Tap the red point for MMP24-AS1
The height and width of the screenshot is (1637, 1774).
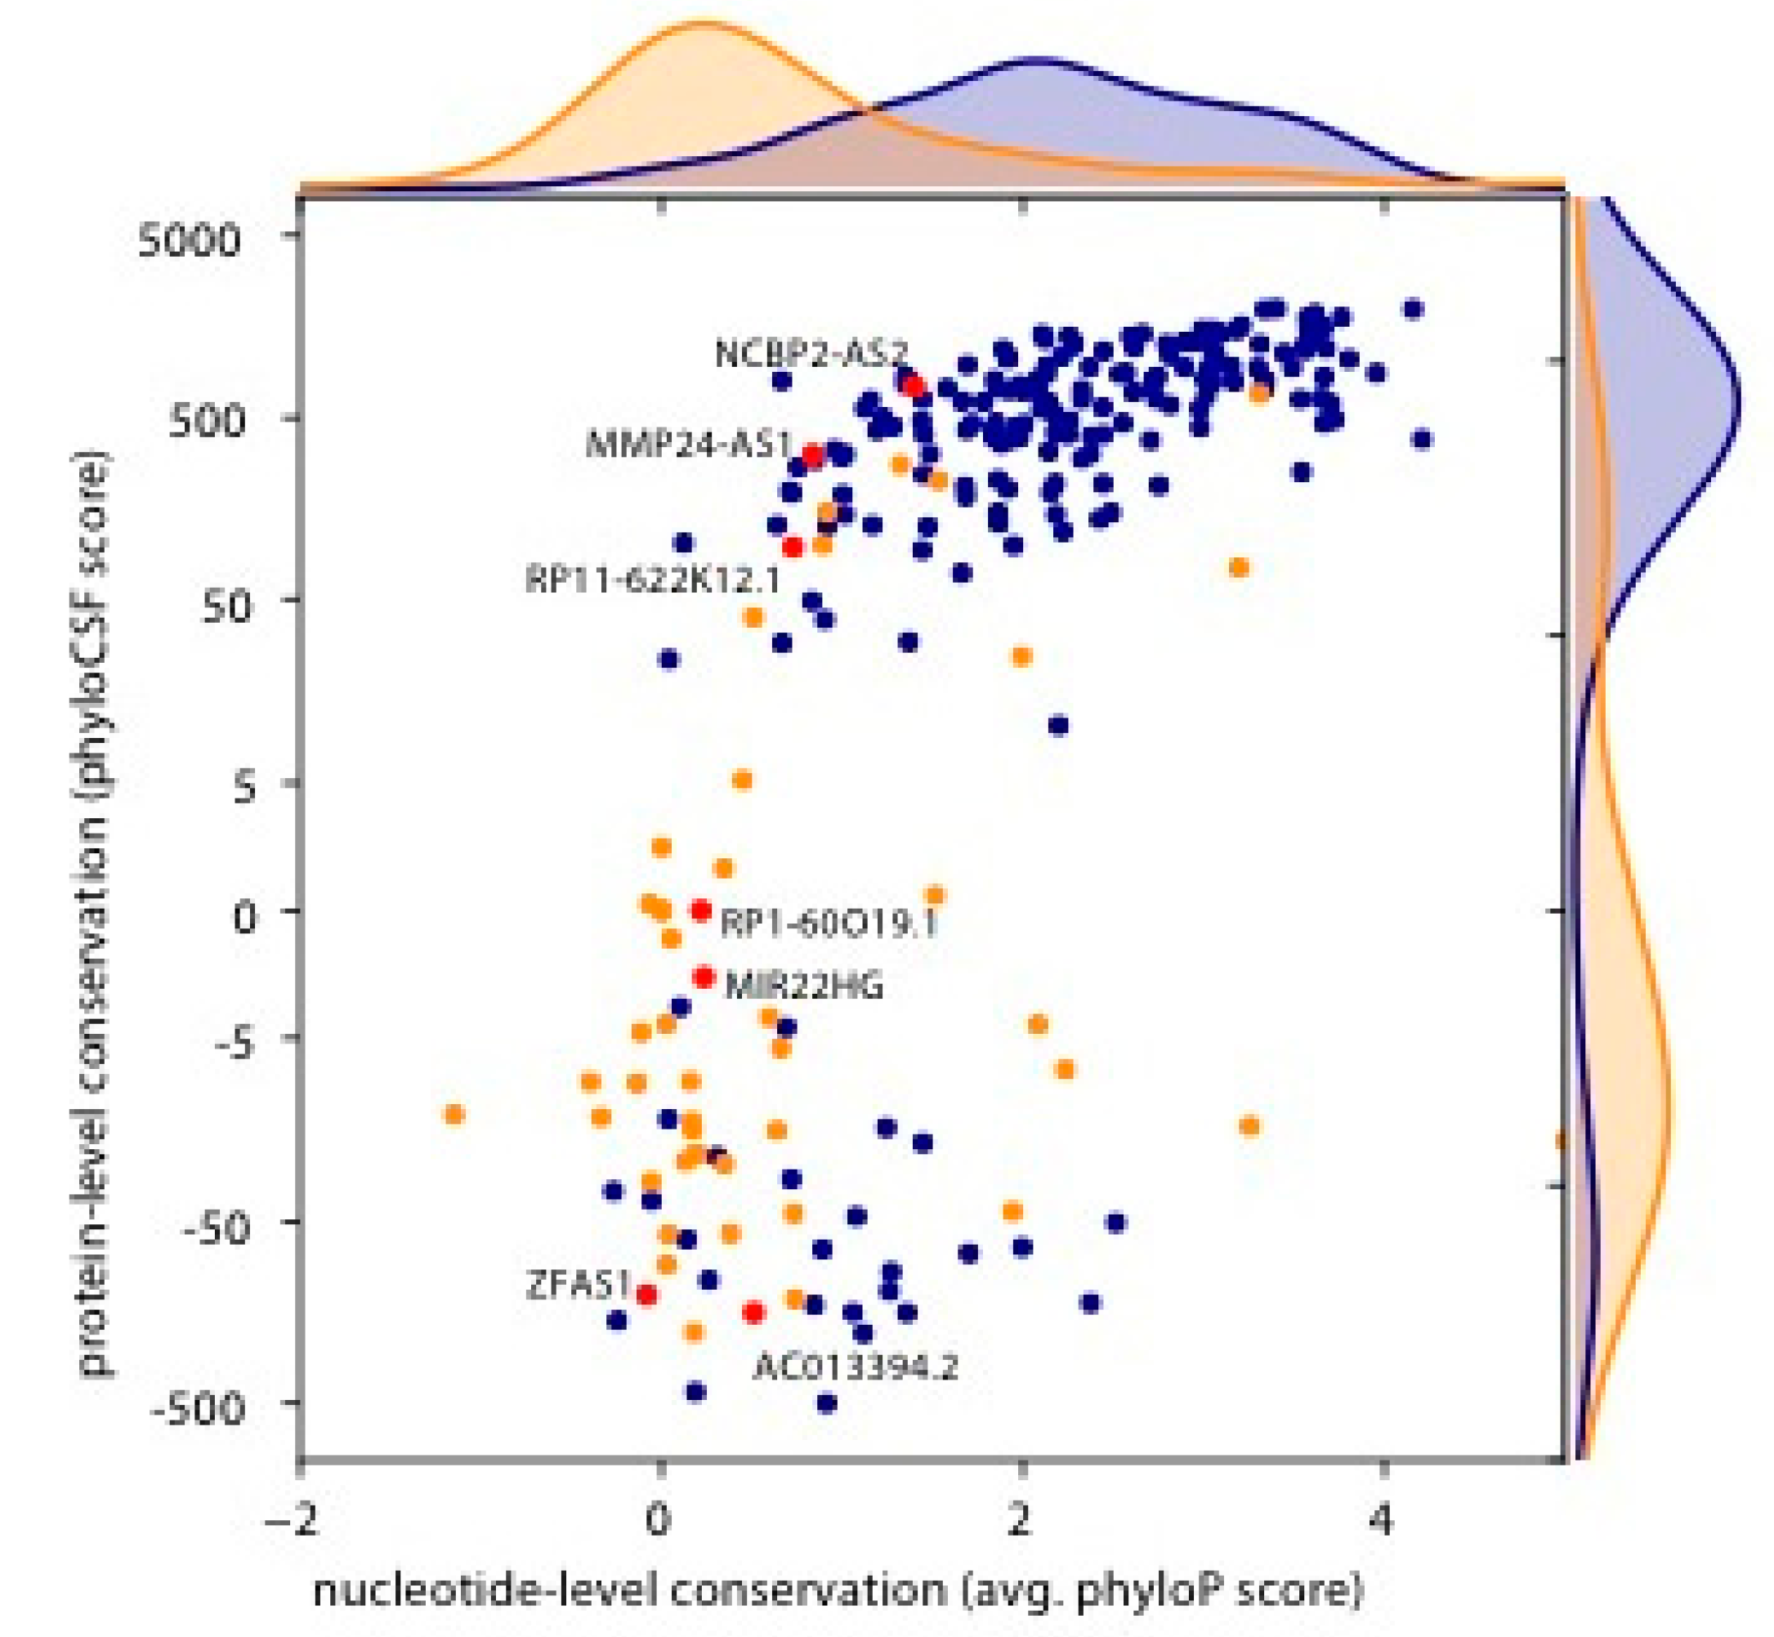(812, 456)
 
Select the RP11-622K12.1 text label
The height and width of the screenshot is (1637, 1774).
(653, 580)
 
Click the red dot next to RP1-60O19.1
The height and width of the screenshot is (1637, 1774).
(700, 910)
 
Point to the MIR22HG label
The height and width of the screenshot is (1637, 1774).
(803, 986)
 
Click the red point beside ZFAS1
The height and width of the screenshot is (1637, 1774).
(646, 1295)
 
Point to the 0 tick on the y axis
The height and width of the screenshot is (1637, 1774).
(245, 917)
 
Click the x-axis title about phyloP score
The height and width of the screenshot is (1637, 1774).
(838, 1590)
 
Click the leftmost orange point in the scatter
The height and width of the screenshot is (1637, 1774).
(454, 1113)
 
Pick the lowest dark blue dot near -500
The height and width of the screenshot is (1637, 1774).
(826, 1402)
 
